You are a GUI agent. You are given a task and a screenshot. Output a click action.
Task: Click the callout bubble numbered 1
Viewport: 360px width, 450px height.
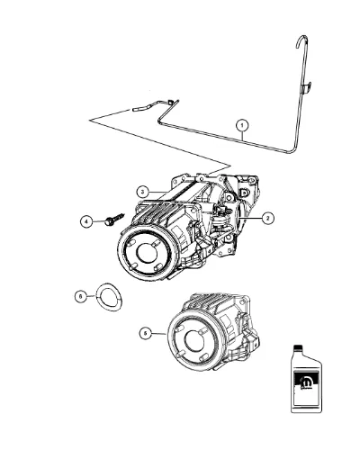pyautogui.click(x=242, y=126)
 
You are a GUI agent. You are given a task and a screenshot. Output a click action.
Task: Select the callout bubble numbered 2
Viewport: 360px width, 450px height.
pyautogui.click(x=267, y=218)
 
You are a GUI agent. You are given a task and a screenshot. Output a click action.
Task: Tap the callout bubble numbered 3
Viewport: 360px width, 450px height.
pyautogui.click(x=143, y=191)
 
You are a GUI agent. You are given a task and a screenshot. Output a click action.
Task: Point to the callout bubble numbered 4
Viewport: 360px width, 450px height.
pyautogui.click(x=86, y=222)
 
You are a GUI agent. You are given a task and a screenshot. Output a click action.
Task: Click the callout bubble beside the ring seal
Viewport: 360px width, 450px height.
pyautogui.click(x=81, y=297)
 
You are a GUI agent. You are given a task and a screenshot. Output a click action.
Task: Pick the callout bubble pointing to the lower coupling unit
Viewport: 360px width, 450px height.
pyautogui.click(x=146, y=333)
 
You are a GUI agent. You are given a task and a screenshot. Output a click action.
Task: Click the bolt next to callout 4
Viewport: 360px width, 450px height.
pyautogui.click(x=114, y=219)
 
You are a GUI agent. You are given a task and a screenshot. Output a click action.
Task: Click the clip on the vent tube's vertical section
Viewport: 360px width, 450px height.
pyautogui.click(x=307, y=87)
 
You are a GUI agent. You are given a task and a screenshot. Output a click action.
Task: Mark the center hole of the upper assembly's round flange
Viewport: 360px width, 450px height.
pyautogui.click(x=147, y=253)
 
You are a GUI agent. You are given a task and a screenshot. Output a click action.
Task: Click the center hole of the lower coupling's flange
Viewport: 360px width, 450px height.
pyautogui.click(x=195, y=341)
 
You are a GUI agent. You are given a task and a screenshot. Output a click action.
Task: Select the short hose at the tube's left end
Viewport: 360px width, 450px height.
pyautogui.click(x=140, y=108)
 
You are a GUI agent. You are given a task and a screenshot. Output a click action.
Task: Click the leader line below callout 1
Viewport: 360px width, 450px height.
pyautogui.click(x=242, y=135)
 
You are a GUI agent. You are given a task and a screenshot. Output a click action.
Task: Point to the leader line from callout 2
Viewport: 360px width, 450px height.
pyautogui.click(x=250, y=218)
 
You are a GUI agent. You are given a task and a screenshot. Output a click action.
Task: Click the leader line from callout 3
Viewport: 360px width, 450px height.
pyautogui.click(x=158, y=192)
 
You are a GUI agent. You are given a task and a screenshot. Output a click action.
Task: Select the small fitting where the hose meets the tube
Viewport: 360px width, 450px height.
pyautogui.click(x=170, y=102)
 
